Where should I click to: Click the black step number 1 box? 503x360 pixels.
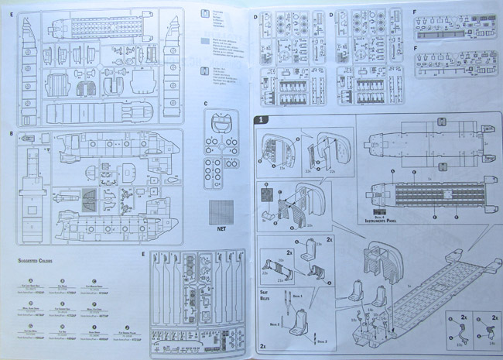tap(262, 120)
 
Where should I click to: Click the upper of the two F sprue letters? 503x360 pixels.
tap(415, 12)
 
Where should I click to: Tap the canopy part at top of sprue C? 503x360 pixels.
tap(222, 121)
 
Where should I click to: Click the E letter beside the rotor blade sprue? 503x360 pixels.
tap(144, 253)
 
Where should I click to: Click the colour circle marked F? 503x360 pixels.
tap(94, 304)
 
